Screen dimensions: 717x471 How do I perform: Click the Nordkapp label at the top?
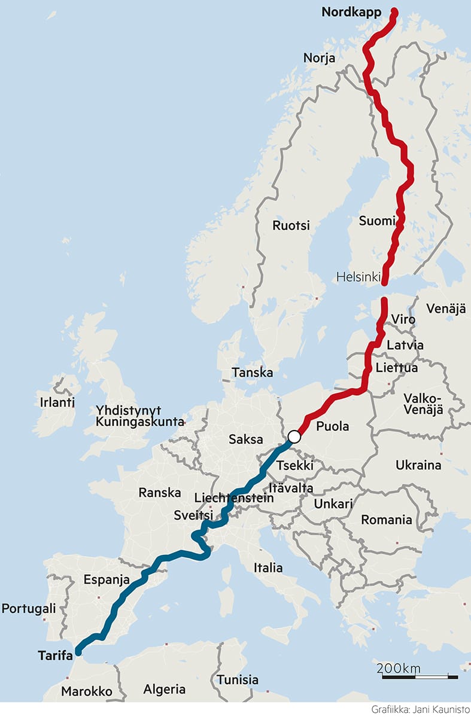coord(351,12)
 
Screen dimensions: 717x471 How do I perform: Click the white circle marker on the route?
coord(294,437)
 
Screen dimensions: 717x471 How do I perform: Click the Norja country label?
coord(319,58)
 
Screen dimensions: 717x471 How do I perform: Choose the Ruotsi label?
coord(291,225)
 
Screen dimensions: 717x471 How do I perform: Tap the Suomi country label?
coord(377,221)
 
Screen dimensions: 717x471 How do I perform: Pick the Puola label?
coord(332,426)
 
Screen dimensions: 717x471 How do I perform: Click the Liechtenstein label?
coord(234,498)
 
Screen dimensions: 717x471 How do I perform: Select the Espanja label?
coord(107,579)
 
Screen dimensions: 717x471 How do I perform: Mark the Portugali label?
coord(29,608)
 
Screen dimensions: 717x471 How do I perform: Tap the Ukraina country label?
coord(418,465)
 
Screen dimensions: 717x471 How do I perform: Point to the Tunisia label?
coord(238,679)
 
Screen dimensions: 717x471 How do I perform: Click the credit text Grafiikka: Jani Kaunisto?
coord(418,709)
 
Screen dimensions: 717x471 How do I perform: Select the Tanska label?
coord(252,373)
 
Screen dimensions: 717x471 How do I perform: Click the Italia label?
coord(268,568)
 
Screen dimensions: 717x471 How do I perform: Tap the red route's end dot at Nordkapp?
coord(394,11)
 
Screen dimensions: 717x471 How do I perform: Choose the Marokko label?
coord(86,691)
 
